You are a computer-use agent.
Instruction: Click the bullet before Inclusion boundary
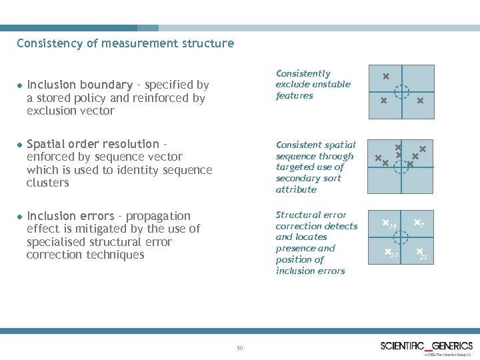coord(21,86)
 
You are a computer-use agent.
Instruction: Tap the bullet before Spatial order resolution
coord(21,145)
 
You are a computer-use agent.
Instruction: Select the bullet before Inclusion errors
coord(21,217)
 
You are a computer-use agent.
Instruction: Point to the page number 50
coord(240,347)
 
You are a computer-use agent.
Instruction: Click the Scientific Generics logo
coord(426,345)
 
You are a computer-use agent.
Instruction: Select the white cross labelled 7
coord(417,222)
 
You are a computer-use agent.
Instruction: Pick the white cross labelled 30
coord(387,252)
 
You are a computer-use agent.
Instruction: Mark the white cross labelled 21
coord(419,252)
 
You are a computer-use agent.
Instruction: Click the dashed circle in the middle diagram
coord(402,163)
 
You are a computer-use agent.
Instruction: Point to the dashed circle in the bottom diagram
coord(402,238)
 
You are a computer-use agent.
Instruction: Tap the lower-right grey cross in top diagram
coord(420,101)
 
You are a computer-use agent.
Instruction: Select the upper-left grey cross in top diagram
coord(385,77)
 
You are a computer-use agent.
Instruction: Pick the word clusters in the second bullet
coord(48,182)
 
